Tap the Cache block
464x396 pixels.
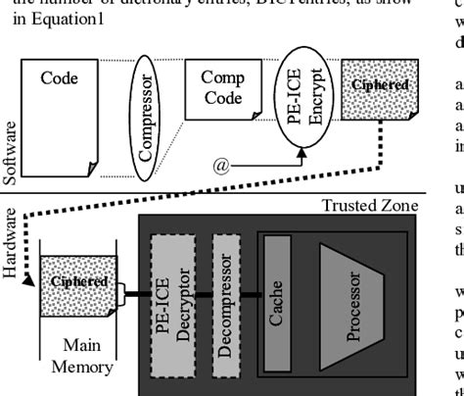pos(276,295)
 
